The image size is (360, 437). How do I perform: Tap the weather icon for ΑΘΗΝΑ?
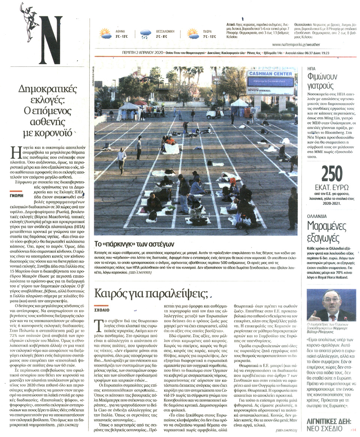click(105, 34)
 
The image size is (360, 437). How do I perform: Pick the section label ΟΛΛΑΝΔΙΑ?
click(317, 216)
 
